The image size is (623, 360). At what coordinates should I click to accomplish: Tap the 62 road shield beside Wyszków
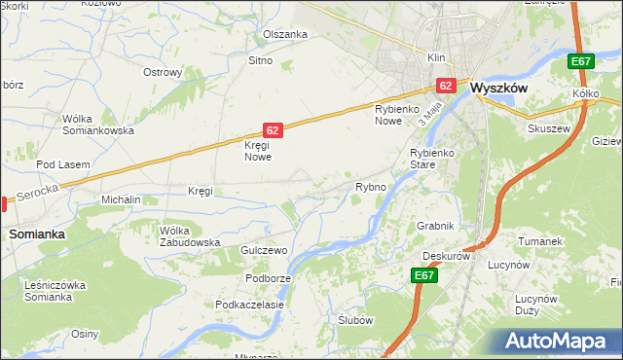point(446,87)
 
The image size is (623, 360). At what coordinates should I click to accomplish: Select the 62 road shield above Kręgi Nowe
point(274,129)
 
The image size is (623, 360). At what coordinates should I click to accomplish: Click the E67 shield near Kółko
point(581,62)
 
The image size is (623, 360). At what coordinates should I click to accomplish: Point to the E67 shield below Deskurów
point(423,276)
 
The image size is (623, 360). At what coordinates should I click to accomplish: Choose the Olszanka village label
point(285,34)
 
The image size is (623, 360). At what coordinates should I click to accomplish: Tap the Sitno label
point(260,60)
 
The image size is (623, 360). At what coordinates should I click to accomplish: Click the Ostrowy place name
point(164,72)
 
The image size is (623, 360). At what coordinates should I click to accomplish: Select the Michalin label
point(122,199)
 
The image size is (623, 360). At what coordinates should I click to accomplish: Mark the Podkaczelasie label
point(250,305)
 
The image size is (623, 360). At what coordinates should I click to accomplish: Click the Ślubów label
point(355,320)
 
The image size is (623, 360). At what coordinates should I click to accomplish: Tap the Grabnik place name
point(435,226)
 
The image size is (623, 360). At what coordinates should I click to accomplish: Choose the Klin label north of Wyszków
point(434,57)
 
